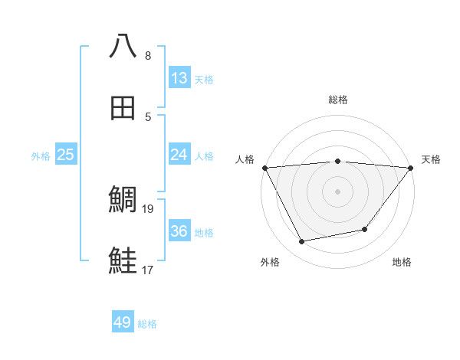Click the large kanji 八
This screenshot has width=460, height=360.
pyautogui.click(x=123, y=46)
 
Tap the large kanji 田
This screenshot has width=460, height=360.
pyautogui.click(x=123, y=109)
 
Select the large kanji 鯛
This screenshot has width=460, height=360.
pyautogui.click(x=123, y=201)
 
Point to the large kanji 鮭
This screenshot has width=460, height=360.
pyautogui.click(x=123, y=260)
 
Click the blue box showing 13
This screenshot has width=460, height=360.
pyautogui.click(x=179, y=78)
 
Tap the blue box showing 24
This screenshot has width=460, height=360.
pyautogui.click(x=179, y=155)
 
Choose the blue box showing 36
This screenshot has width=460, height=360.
pyautogui.click(x=179, y=231)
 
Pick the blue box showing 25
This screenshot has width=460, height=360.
pyautogui.click(x=66, y=155)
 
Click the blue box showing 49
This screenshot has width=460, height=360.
pyautogui.click(x=123, y=322)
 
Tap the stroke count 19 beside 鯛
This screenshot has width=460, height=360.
pyautogui.click(x=149, y=208)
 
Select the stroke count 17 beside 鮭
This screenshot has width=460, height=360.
pyautogui.click(x=149, y=269)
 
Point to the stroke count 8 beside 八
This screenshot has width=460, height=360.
pyautogui.click(x=148, y=55)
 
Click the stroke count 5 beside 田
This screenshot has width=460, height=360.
pyautogui.click(x=148, y=116)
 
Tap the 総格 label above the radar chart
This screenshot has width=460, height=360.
pyautogui.click(x=337, y=100)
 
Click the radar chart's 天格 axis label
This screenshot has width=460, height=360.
pyautogui.click(x=431, y=159)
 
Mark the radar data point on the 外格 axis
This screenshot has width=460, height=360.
pyautogui.click(x=302, y=242)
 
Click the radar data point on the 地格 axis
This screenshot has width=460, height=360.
pyautogui.click(x=365, y=229)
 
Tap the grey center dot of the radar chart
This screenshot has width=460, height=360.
pyautogui.click(x=337, y=191)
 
